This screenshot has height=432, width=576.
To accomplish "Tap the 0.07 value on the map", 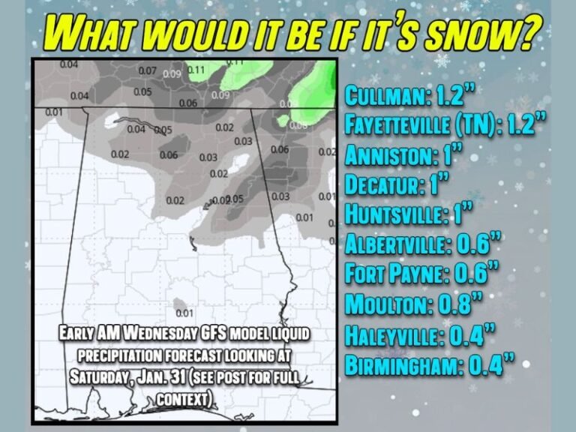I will pos(147,71).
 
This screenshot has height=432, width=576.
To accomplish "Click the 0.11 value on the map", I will pos(196,70).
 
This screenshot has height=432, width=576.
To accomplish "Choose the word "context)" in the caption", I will pos(184,398).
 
